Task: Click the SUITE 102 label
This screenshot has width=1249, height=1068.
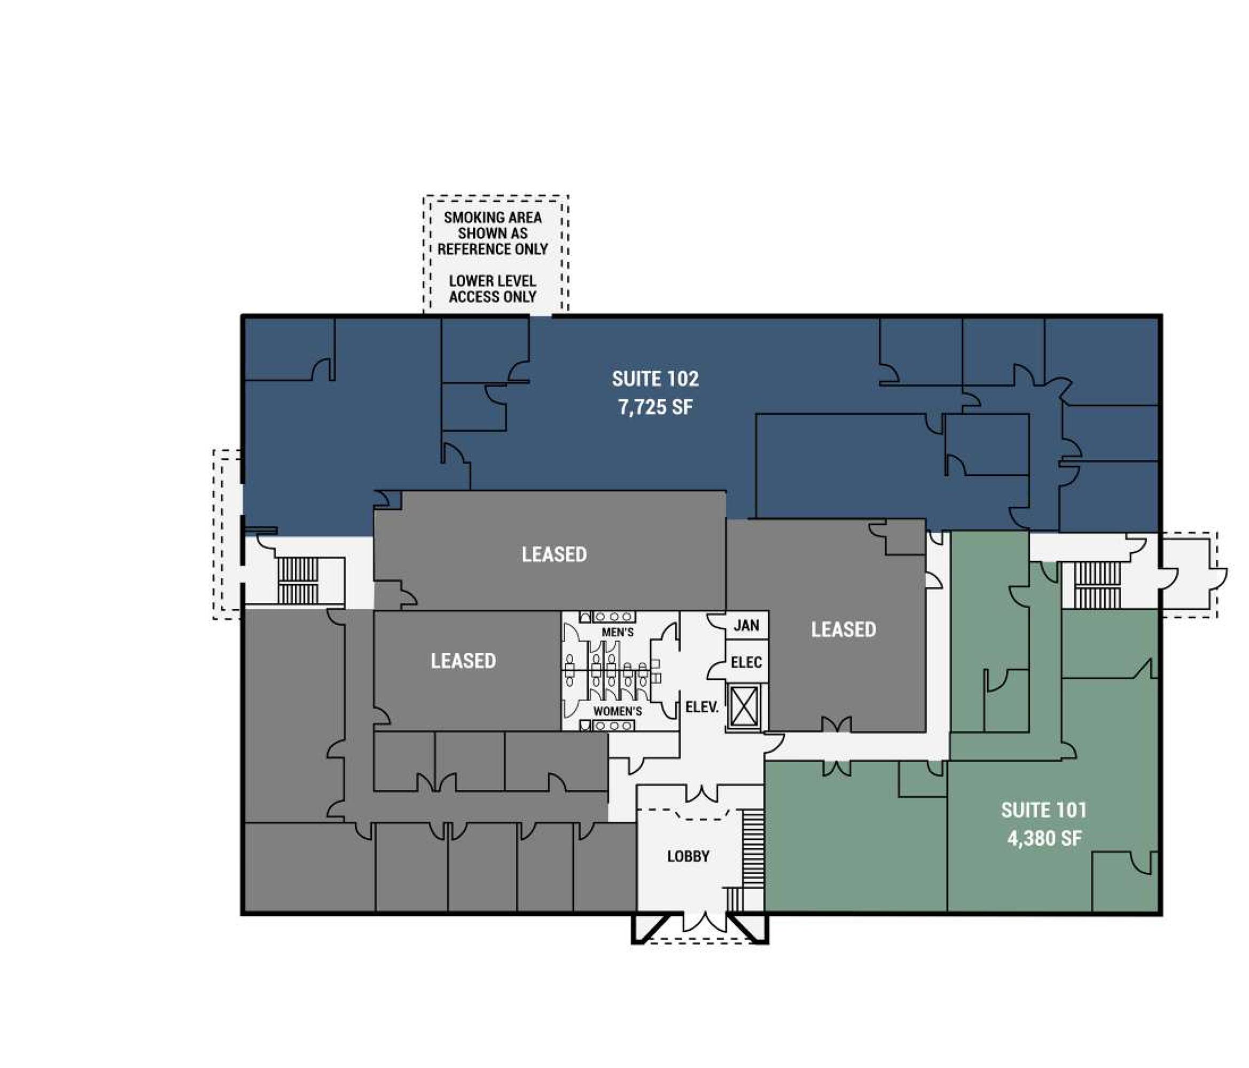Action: [655, 379]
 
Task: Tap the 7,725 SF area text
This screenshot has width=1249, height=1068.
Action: [655, 407]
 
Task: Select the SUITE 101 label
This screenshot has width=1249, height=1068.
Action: [1044, 810]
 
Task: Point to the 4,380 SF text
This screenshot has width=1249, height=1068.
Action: [1044, 838]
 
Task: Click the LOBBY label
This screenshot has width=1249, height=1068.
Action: [688, 856]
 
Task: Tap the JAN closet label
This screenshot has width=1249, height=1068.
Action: [746, 625]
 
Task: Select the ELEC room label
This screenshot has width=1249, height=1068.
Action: [746, 662]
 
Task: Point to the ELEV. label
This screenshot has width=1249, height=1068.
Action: [702, 707]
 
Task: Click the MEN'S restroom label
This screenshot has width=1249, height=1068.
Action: [618, 632]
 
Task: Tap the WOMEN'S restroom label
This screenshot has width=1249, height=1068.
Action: [618, 711]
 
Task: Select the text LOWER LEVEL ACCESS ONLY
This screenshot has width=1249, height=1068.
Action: [493, 289]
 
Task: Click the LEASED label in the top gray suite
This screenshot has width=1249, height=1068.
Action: [554, 554]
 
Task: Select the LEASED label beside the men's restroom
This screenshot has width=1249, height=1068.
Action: [463, 661]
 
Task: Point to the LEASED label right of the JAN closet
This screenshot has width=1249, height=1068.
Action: [844, 630]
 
